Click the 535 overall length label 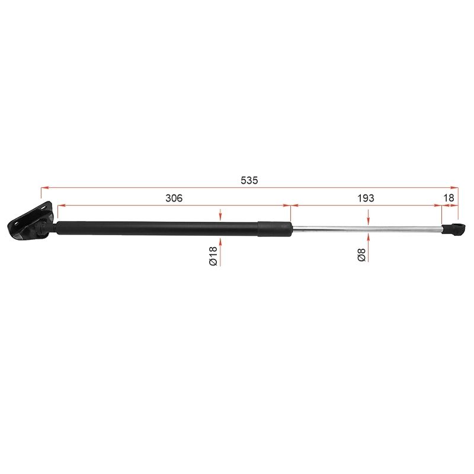pyautogui.click(x=249, y=181)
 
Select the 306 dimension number pyautogui.click(x=174, y=198)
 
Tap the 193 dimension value pyautogui.click(x=366, y=198)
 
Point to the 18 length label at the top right pyautogui.click(x=449, y=198)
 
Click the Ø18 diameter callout pyautogui.click(x=213, y=256)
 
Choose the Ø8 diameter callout pyautogui.click(x=361, y=254)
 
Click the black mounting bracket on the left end pyautogui.click(x=30, y=220)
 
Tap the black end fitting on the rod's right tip pyautogui.click(x=453, y=229)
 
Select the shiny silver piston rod pyautogui.click(x=367, y=230)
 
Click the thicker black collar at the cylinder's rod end pyautogui.click(x=275, y=229)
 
